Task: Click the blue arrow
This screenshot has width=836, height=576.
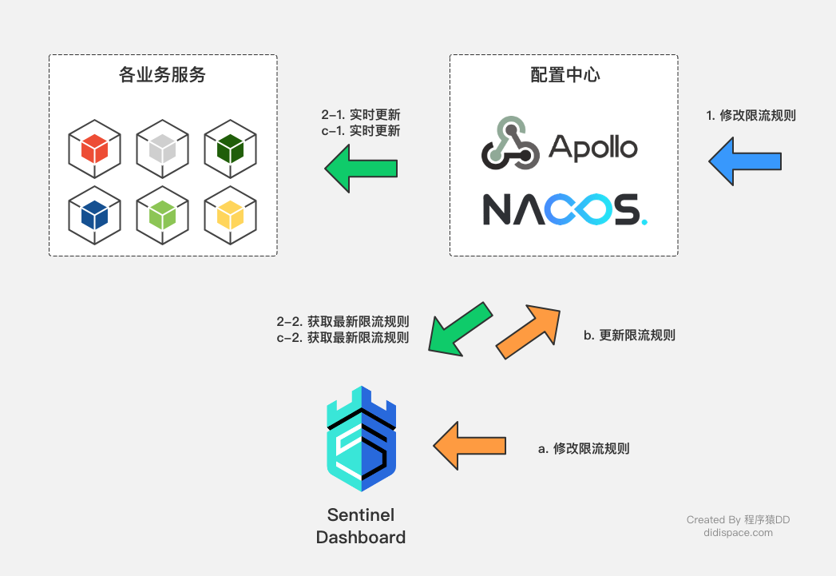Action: pos(744,162)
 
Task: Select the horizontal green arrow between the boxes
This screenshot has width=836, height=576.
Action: pos(361,168)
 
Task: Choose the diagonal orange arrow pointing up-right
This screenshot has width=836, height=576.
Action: pos(528,331)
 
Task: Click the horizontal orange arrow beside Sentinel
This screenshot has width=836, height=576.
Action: pos(470,446)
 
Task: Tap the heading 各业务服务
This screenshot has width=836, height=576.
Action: pos(162,75)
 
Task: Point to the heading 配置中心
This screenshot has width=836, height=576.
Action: pos(565,75)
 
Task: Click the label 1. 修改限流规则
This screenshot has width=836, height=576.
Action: pos(751,116)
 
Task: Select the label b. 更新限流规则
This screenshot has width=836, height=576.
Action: pos(629,336)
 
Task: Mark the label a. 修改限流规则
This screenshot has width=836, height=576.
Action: pos(584,448)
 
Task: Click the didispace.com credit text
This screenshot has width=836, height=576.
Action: pos(738,533)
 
